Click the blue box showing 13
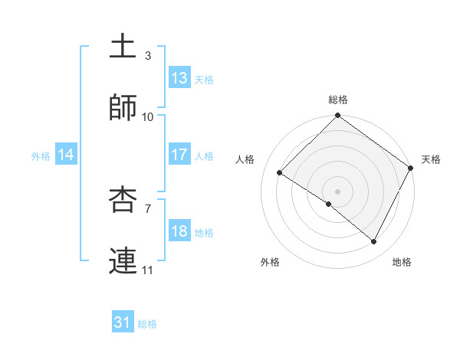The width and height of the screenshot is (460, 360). pos(179,78)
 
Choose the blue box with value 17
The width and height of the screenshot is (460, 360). pos(179,155)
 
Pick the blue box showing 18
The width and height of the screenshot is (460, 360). pos(179,231)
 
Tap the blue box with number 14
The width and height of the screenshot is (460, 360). pos(67,155)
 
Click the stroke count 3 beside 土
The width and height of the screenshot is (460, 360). pos(147,56)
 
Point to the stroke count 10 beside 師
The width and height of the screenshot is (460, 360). pos(148,117)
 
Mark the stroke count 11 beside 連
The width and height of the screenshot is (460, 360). pos(148,270)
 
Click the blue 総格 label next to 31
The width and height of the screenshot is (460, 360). pos(147,324)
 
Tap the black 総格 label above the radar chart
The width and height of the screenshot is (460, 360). pos(338,100)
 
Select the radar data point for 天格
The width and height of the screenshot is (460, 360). pos(410,168)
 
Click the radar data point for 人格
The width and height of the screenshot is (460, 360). pos(280,173)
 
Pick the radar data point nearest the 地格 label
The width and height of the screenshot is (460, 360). pos(374,242)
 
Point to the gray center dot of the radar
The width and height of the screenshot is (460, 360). pos(338,191)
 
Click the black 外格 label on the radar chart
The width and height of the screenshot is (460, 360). pos(270,262)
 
